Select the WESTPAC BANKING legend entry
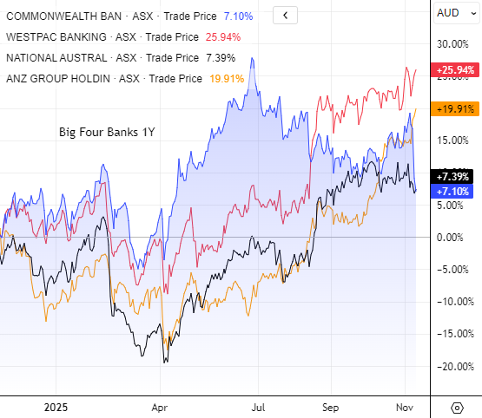point(60,36)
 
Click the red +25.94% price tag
point(456,69)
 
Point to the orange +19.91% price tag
point(456,108)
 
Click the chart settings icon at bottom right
point(457,407)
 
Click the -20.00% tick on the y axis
point(454,366)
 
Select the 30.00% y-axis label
point(453,44)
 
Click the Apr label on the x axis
point(159,406)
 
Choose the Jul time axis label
point(258,406)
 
